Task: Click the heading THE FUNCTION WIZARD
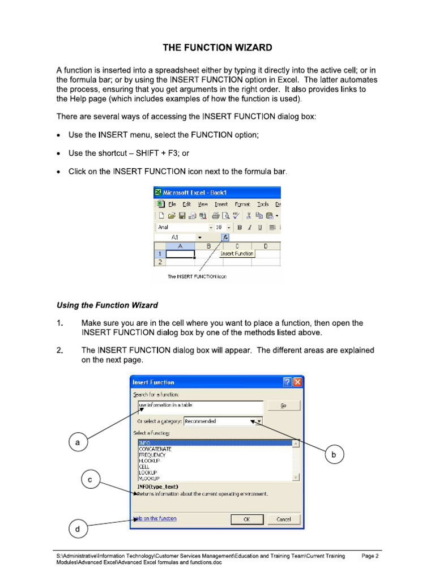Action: click(x=217, y=48)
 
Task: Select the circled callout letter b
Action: click(x=334, y=454)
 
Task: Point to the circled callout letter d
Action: click(x=78, y=530)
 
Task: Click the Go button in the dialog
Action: click(x=283, y=406)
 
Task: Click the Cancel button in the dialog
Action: click(x=284, y=519)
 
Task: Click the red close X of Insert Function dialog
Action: click(x=297, y=382)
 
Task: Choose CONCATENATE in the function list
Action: click(x=155, y=449)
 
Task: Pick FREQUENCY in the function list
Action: click(x=152, y=455)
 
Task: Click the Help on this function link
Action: click(x=155, y=518)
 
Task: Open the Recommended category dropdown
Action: click(x=258, y=421)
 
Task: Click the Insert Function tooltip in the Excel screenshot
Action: click(x=237, y=254)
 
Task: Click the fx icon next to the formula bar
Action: click(x=225, y=237)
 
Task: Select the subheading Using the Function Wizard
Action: click(x=107, y=305)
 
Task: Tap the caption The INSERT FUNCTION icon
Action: click(x=197, y=277)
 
